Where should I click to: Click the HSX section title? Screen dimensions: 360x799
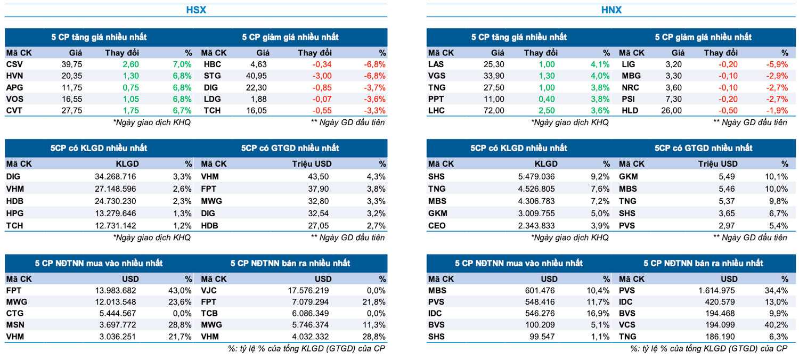coord(196,10)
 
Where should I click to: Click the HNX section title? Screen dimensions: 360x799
coord(611,10)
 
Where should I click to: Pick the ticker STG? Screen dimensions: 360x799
coord(212,76)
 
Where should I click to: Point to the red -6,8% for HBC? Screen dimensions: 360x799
coord(374,64)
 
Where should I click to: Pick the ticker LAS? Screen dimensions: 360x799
coord(436,64)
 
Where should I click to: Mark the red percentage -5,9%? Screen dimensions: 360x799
coord(776,64)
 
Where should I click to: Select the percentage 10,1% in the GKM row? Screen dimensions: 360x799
coord(776,177)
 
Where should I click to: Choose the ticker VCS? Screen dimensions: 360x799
coord(627,325)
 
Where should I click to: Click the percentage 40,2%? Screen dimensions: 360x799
coord(776,325)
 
